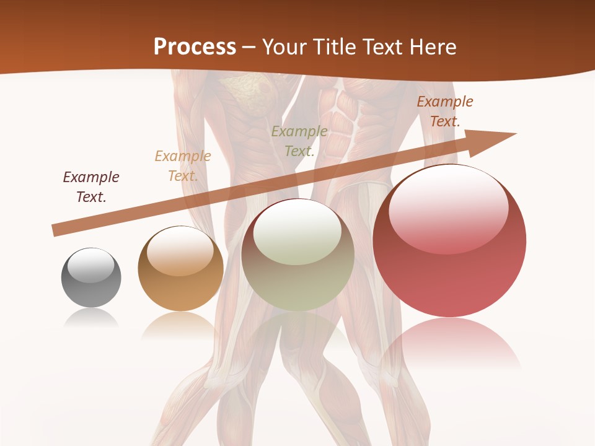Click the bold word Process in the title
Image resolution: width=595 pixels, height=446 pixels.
coord(195,47)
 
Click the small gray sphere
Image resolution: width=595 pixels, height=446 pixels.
coord(91,278)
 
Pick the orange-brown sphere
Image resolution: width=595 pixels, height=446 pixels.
coord(180,269)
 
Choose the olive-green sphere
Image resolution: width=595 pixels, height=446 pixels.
coord(297,255)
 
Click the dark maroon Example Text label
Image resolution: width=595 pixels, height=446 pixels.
coord(91,187)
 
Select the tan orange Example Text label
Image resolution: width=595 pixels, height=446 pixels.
coord(183,166)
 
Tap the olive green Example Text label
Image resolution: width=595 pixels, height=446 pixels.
coord(299,141)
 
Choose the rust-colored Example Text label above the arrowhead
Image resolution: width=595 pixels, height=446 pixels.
coord(445,111)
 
